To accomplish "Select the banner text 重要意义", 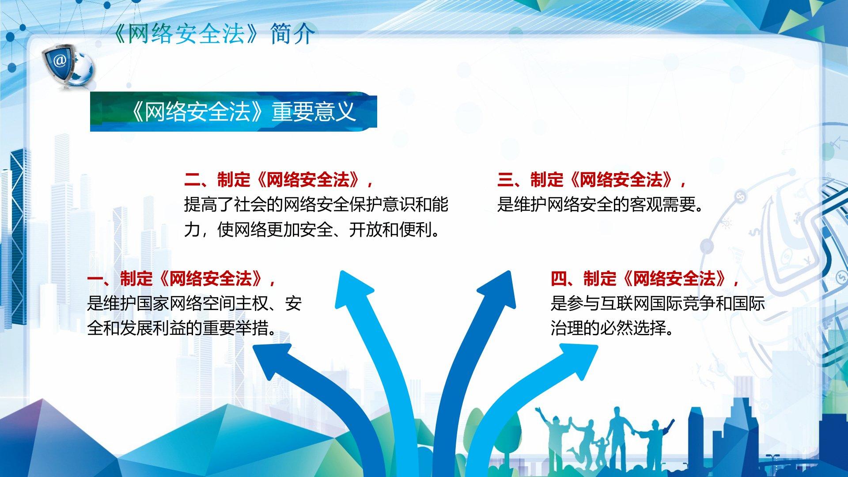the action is tap(314, 111).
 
